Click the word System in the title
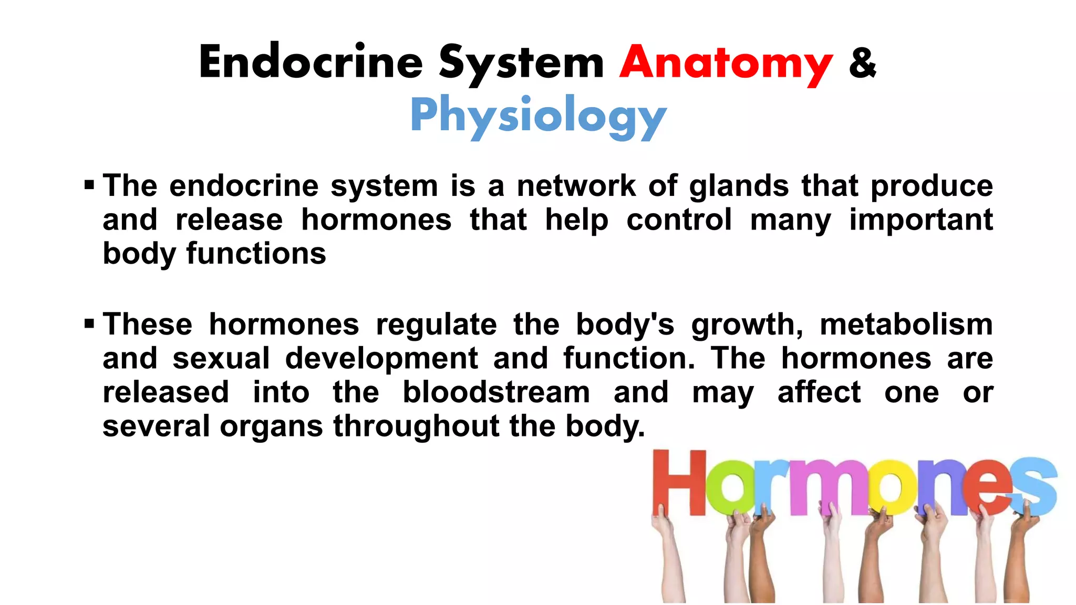(x=521, y=63)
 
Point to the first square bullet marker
(x=89, y=185)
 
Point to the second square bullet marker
(x=89, y=323)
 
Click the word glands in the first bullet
(x=739, y=186)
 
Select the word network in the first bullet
(x=576, y=186)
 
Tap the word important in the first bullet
(x=921, y=220)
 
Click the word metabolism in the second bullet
(x=906, y=324)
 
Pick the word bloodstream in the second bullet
(x=496, y=392)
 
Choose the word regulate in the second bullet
(x=436, y=325)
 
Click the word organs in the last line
(x=271, y=426)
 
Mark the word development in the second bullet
(x=381, y=359)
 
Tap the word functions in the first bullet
(x=256, y=254)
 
